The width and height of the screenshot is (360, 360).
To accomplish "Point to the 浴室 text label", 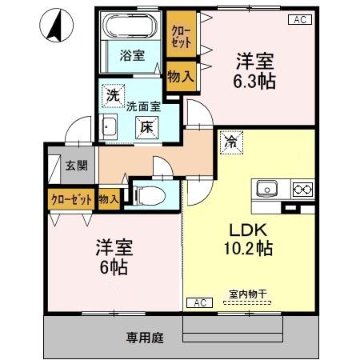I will pyautogui.click(x=132, y=56).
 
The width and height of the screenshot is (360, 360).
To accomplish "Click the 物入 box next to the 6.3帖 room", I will pyautogui.click(x=181, y=76).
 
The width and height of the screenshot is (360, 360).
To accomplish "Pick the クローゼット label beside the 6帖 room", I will pyautogui.click(x=71, y=198).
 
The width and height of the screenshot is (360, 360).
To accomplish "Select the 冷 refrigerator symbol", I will pyautogui.click(x=230, y=144).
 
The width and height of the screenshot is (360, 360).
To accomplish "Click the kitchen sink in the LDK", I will pyautogui.click(x=267, y=190).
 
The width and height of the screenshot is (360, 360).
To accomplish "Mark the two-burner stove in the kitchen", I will pyautogui.click(x=302, y=190).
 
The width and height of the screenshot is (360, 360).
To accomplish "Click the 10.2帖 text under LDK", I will pyautogui.click(x=248, y=248).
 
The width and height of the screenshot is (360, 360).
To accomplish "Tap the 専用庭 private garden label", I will pyautogui.click(x=144, y=337).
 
